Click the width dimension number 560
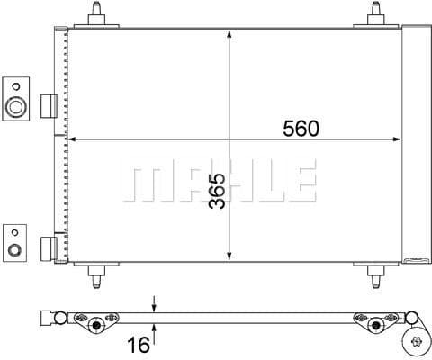click(x=301, y=129)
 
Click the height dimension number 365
click(x=216, y=190)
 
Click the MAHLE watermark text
click(x=219, y=182)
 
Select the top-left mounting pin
click(x=98, y=15)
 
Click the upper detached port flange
click(x=16, y=99)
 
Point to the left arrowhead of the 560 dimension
click(x=74, y=140)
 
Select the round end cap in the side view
click(x=417, y=339)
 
